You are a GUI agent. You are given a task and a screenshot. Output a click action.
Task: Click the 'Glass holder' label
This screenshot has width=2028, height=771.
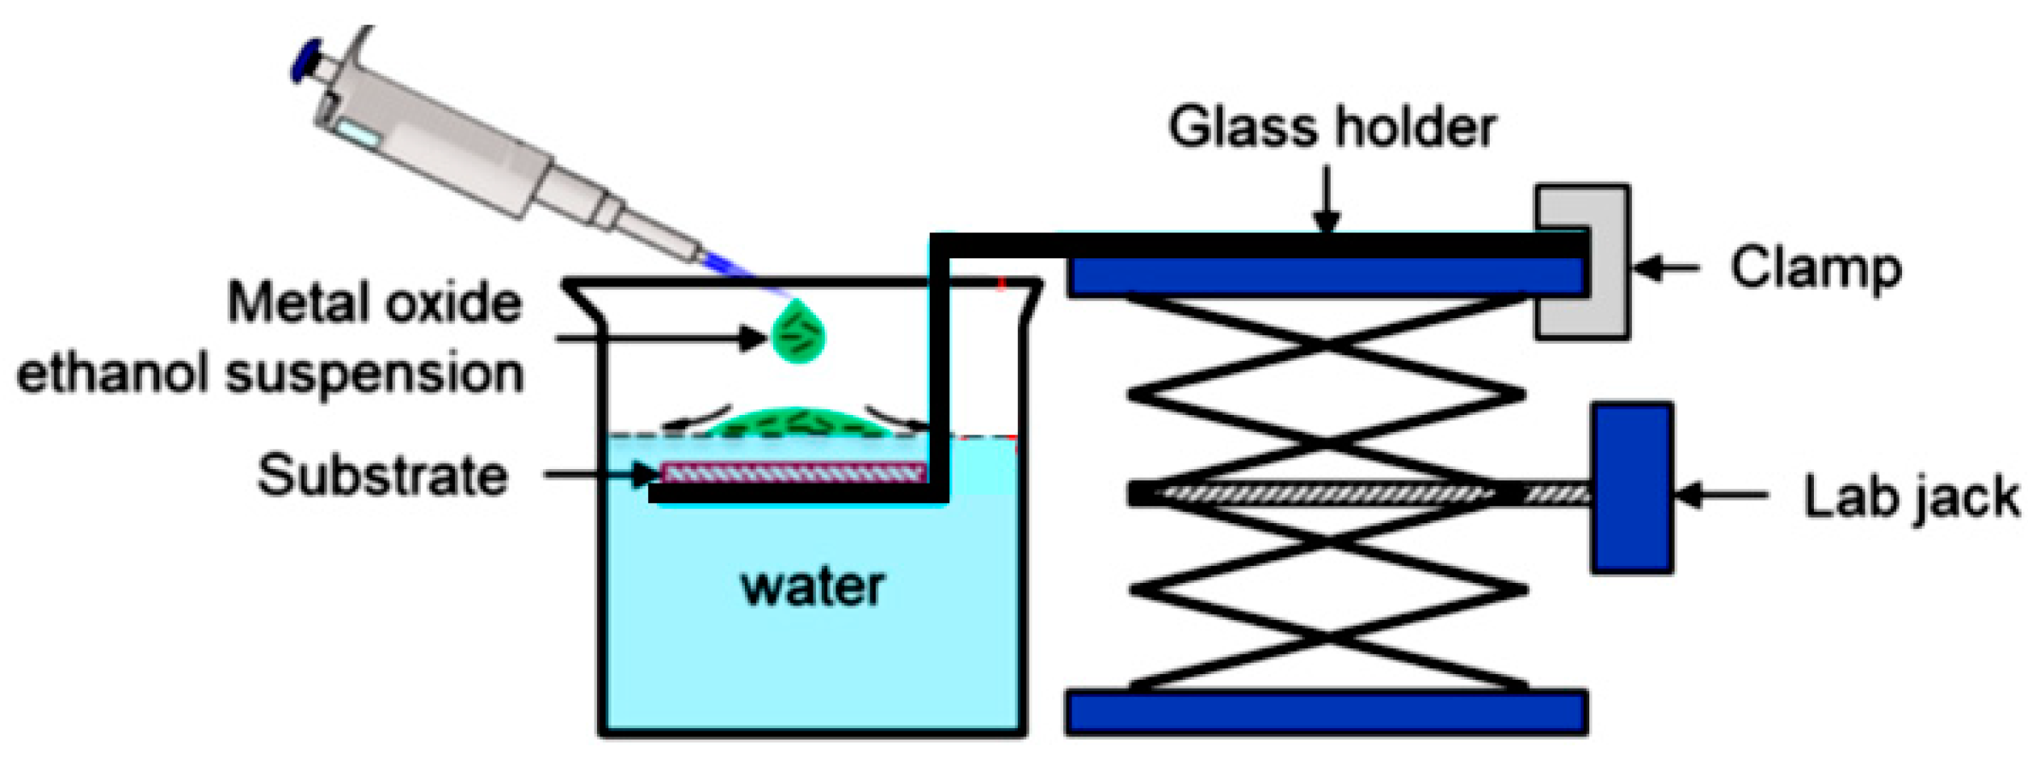click(x=1332, y=128)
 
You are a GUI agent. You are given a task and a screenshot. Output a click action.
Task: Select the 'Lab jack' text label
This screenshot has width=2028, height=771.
click(x=1911, y=497)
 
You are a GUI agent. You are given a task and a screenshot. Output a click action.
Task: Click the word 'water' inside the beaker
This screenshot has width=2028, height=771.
click(x=812, y=587)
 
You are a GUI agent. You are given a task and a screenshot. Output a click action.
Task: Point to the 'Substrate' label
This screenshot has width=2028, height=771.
click(x=382, y=475)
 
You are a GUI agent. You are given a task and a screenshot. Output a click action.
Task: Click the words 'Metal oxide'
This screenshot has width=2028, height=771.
click(x=375, y=303)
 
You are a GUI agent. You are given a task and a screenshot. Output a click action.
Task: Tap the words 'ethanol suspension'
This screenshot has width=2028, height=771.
click(x=271, y=374)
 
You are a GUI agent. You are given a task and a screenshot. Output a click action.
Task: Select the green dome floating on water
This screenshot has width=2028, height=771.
click(x=796, y=424)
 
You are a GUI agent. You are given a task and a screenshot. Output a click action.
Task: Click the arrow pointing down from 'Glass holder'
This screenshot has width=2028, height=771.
click(x=1326, y=198)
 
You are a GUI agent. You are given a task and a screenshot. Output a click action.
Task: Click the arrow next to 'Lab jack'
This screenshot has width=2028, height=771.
click(x=1721, y=493)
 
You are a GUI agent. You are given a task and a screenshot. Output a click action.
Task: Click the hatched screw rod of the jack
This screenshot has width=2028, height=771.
click(x=1325, y=492)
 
